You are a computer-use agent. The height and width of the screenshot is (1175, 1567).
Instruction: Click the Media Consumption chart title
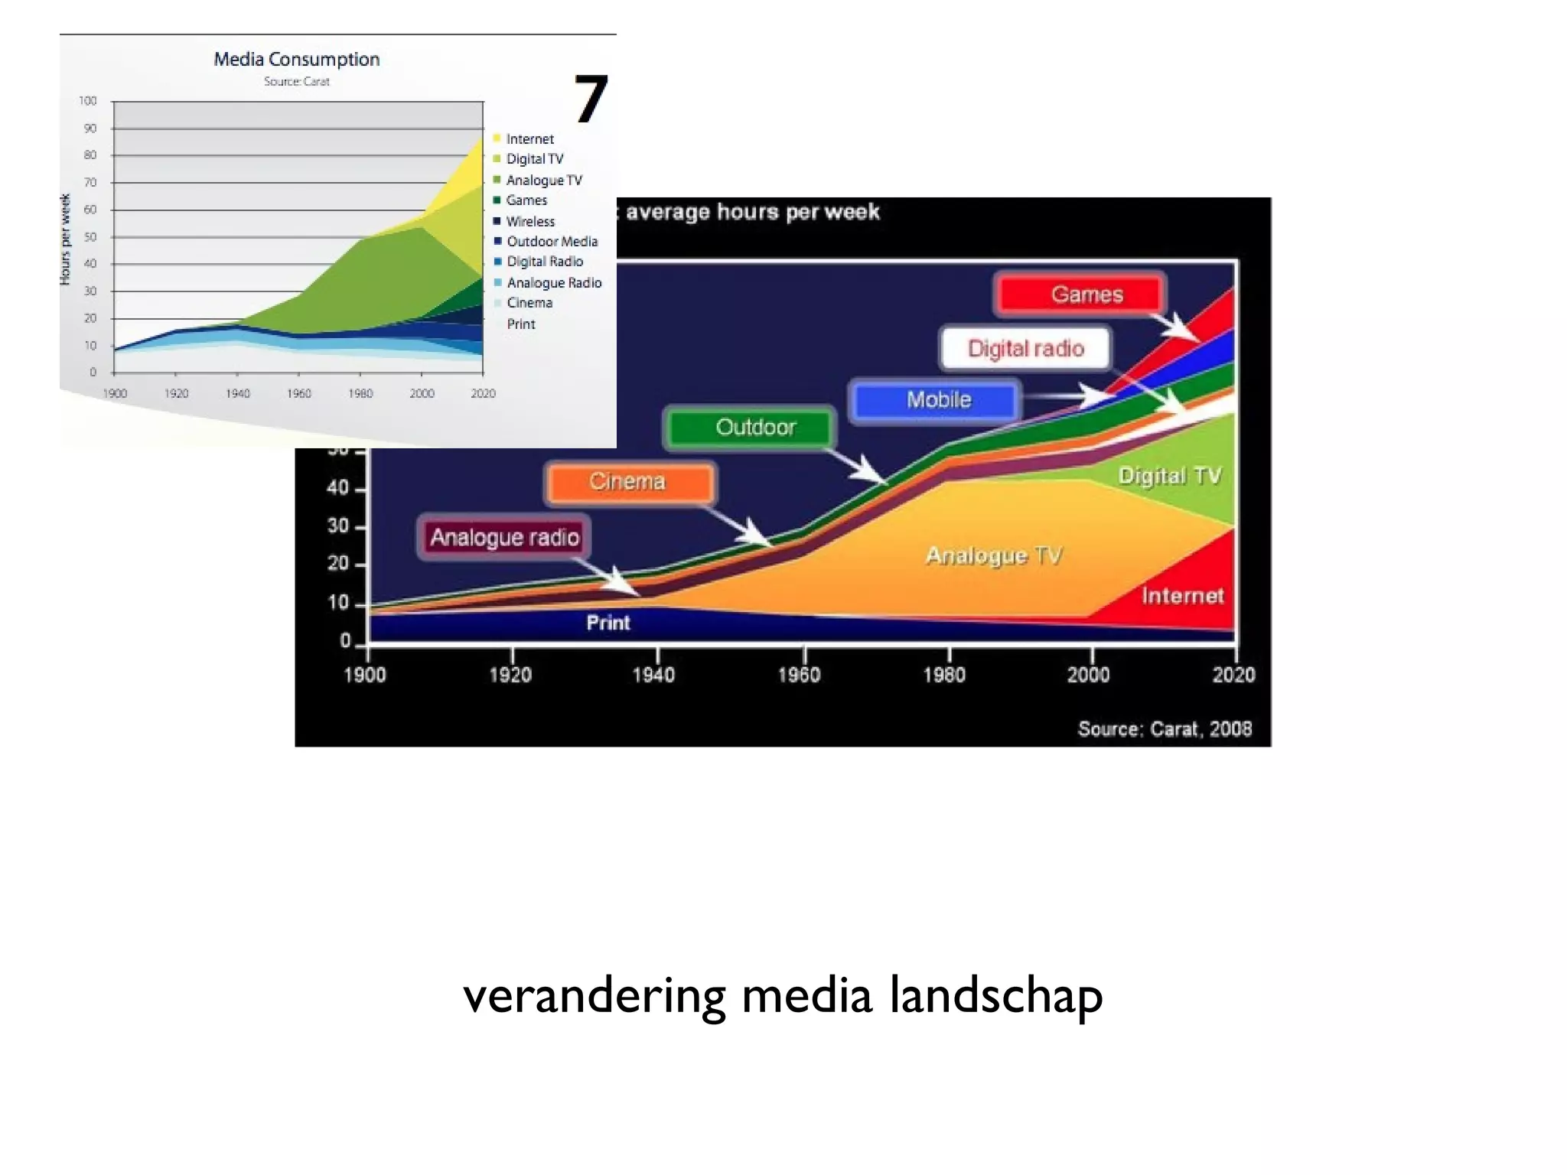point(296,60)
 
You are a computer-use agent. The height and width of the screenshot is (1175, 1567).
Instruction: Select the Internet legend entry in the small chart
point(529,139)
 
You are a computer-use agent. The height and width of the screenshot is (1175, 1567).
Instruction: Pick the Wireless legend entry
point(530,222)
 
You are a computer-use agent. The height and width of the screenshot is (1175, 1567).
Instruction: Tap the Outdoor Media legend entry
point(552,242)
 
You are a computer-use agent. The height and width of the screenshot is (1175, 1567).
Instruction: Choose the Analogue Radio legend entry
point(554,283)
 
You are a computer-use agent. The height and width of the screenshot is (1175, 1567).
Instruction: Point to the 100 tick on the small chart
point(88,101)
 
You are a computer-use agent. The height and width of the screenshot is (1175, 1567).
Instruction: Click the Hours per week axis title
point(66,239)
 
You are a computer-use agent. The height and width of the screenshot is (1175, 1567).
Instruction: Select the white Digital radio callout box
point(1025,349)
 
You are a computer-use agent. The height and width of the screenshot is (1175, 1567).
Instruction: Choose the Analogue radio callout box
point(503,537)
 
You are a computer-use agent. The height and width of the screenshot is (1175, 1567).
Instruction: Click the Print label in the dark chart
point(608,623)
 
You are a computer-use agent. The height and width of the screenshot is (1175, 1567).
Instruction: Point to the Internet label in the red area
point(1182,596)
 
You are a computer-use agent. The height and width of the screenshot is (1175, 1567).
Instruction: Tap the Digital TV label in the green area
point(1169,476)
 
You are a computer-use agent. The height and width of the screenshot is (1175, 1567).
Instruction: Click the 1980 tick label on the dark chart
point(944,675)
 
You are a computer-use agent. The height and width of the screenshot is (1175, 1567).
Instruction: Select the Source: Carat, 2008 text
point(1165,729)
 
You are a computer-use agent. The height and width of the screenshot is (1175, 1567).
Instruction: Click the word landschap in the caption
point(995,997)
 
